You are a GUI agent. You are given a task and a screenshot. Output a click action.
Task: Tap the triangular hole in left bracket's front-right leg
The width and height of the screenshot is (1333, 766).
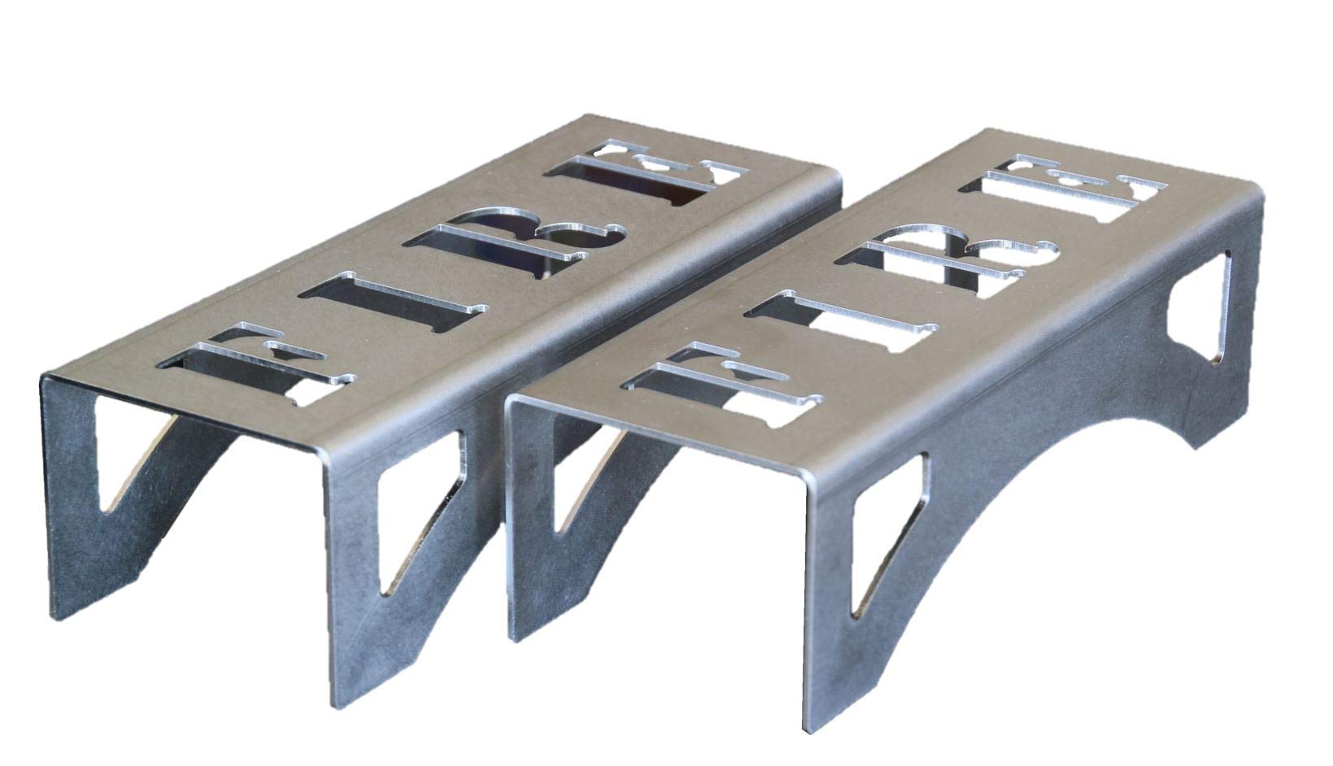[x=411, y=520]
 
